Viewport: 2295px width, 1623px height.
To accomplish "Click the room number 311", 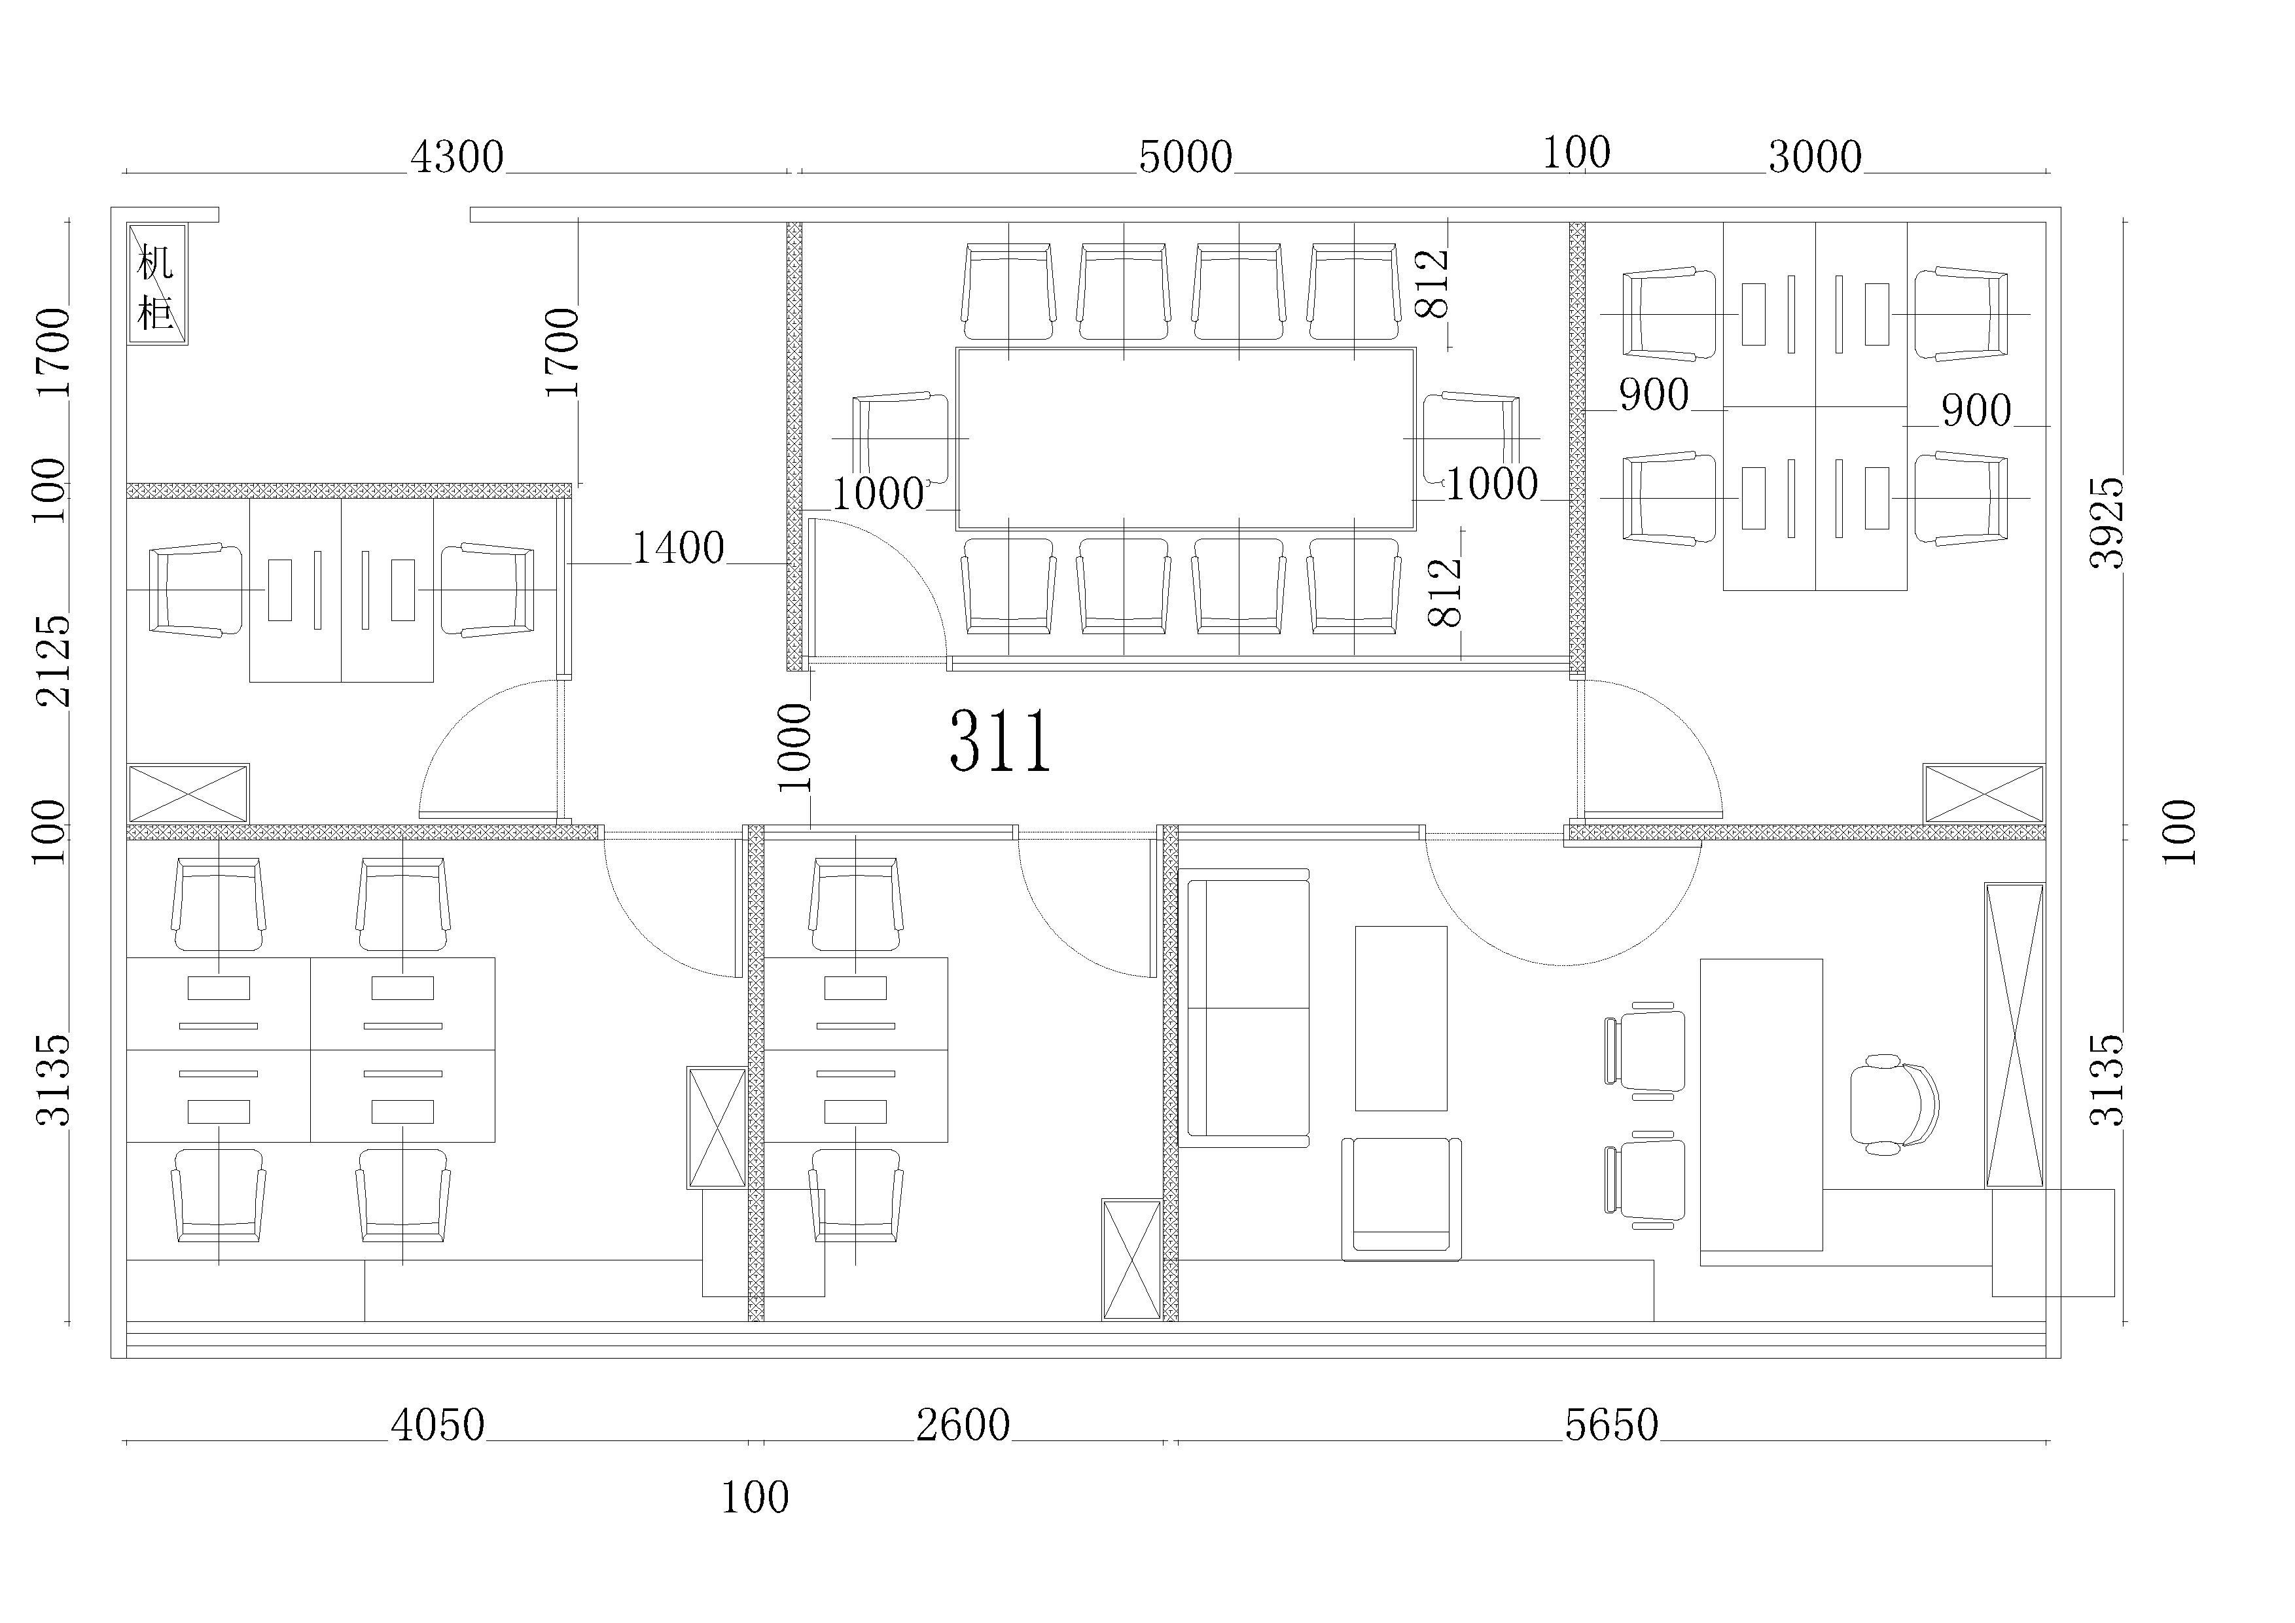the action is tap(1001, 741).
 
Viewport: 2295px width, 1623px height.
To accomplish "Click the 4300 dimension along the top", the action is tap(457, 157).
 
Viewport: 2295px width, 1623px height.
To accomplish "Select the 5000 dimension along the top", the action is tap(1186, 157).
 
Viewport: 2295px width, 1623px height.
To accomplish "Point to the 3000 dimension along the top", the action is tap(1815, 157).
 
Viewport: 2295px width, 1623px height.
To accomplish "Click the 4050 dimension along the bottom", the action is tap(438, 1425).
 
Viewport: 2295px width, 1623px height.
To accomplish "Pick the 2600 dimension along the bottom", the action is tap(963, 1425).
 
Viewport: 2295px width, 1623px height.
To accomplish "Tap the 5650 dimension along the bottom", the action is tap(1611, 1425).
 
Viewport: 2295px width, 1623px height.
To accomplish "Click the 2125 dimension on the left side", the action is tap(53, 660).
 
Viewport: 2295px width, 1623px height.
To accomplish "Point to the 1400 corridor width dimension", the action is tap(678, 548).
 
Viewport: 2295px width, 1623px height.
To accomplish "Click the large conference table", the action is tap(1186, 438).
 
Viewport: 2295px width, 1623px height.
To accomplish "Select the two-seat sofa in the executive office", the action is tap(1245, 1007).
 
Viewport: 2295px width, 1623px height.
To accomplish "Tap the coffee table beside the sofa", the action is tap(1400, 1018).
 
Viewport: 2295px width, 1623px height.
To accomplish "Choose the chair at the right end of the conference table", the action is tap(1470, 438).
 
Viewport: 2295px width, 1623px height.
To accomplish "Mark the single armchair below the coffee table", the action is tap(1400, 1198).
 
